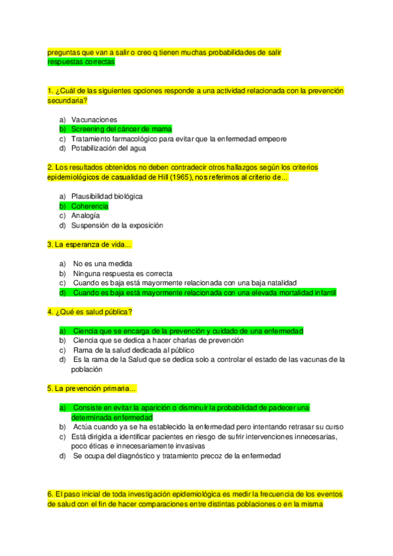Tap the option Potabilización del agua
(109, 148)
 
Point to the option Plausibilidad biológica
(107, 196)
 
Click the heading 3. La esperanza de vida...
(89, 245)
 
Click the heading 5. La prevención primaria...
(91, 388)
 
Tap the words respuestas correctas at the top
(81, 62)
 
